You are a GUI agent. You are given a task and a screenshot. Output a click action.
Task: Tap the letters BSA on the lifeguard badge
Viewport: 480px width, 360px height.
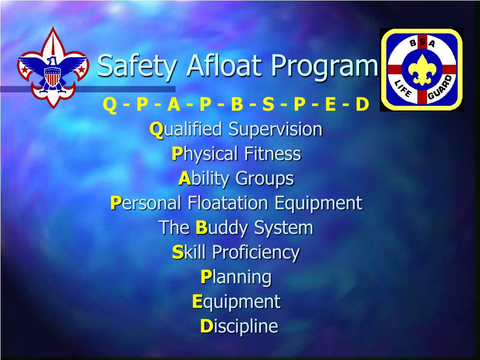[x=421, y=44]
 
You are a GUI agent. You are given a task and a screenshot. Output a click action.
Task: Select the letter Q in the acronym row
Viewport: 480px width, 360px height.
[x=109, y=105]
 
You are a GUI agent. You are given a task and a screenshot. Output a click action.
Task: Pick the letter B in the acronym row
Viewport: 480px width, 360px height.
[x=237, y=105]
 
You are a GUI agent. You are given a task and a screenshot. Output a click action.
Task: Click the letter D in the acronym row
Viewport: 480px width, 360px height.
[x=362, y=105]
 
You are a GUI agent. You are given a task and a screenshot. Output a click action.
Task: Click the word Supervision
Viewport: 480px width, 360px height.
[x=275, y=129]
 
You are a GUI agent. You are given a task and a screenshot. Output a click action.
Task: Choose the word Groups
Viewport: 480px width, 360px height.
[x=264, y=179]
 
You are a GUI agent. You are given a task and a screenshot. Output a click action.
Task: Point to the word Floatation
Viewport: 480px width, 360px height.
[x=228, y=203]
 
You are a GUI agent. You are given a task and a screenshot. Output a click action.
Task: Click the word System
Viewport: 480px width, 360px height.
[x=283, y=228]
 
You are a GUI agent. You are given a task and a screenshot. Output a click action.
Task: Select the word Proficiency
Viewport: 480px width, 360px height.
[x=255, y=253]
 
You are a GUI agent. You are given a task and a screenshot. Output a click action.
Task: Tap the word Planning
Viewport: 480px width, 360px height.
[x=236, y=277]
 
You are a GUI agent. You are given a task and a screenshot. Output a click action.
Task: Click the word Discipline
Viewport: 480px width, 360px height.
[x=239, y=326]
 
